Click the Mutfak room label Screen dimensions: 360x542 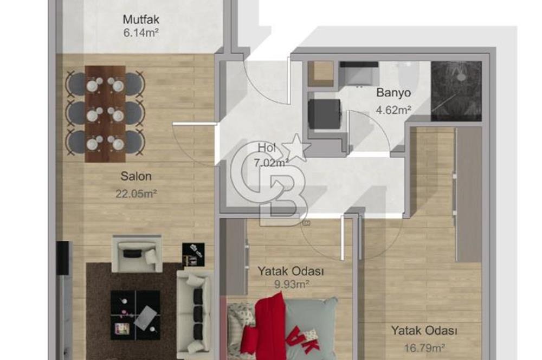coord(141,21)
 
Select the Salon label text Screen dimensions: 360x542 coord(136,176)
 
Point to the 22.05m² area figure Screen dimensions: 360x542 coord(136,194)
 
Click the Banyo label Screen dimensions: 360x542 coord(393,93)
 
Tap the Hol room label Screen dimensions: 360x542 coord(266,147)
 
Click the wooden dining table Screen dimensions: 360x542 coord(105,114)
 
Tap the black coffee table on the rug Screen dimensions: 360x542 coord(135,315)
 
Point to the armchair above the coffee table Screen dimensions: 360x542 coord(137,254)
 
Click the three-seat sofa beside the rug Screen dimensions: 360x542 coord(194,310)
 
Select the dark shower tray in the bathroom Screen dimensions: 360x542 coord(456,91)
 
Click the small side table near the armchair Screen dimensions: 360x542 coord(192,254)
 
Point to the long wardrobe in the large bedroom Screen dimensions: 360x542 coord(468,195)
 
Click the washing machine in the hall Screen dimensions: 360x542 coord(323,113)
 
